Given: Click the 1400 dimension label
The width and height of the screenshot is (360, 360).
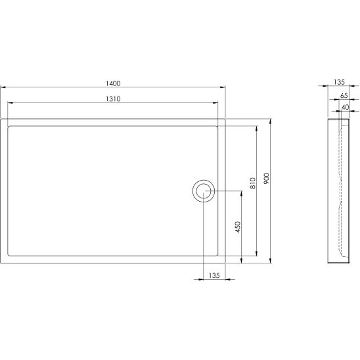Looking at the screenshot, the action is (113, 83).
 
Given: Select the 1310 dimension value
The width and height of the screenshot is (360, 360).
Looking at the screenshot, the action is (113, 99).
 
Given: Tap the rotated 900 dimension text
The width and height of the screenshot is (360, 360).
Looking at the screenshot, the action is (266, 179).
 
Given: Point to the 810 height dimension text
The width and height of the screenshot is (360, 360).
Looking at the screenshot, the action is (252, 183).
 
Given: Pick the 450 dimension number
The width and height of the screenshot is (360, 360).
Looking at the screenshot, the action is (238, 227).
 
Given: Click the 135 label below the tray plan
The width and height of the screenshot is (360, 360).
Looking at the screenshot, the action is (214, 275).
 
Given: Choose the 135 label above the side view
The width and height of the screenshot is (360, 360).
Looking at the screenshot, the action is (339, 82).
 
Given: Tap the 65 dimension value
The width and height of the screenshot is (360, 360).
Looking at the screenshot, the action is (344, 95).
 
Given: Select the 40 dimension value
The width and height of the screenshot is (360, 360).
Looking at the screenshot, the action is (345, 107).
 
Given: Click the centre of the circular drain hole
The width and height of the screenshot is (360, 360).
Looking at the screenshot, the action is (204, 191).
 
